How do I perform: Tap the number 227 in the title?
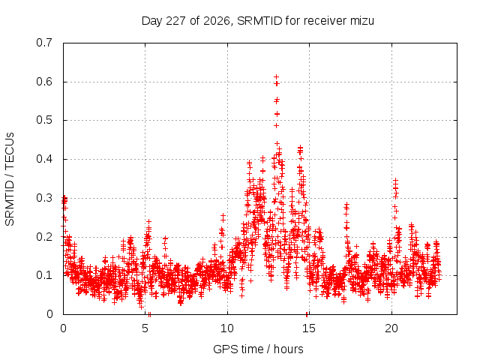(x=175, y=21)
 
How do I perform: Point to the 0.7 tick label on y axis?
(x=44, y=43)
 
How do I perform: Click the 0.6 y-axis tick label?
(x=44, y=82)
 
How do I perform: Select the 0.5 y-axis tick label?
(x=44, y=120)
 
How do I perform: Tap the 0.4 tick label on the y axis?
(x=44, y=159)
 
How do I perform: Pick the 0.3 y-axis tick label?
(x=44, y=198)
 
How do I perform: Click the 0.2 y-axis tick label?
(x=44, y=237)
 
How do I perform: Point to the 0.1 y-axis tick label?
(x=44, y=275)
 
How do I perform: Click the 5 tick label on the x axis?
(x=145, y=328)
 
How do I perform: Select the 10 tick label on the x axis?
(x=227, y=328)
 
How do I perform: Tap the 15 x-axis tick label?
(x=309, y=328)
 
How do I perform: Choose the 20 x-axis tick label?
(x=391, y=328)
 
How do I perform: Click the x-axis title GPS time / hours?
(x=258, y=349)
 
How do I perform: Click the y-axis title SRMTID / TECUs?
(x=10, y=179)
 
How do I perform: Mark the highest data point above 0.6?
(x=276, y=76)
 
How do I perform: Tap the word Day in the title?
(x=152, y=21)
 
